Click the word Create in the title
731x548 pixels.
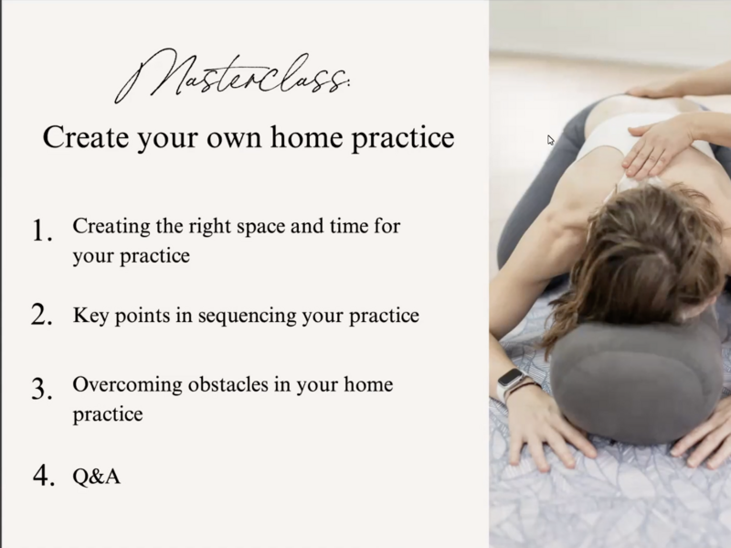86,137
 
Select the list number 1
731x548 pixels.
42,231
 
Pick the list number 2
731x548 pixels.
42,314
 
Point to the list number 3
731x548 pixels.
42,389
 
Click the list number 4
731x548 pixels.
43,476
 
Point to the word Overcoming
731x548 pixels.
127,385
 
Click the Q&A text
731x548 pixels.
97,477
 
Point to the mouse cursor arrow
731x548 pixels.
551,140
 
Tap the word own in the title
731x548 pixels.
233,140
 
